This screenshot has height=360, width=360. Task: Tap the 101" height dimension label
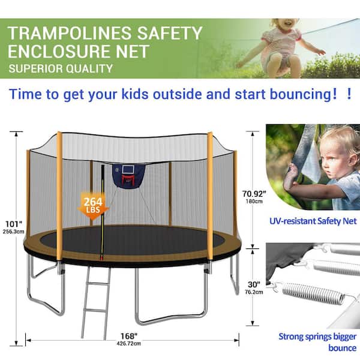[14, 224]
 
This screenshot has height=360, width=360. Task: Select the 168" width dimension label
[129, 336]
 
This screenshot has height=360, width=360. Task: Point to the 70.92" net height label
[254, 194]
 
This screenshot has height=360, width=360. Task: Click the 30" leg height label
[254, 284]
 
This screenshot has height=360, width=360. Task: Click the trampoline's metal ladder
[96, 302]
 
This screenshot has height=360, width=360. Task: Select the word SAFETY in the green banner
[170, 33]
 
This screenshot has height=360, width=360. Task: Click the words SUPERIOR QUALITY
[61, 68]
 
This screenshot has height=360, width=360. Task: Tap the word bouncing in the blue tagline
[303, 94]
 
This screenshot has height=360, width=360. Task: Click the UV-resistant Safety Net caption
[313, 221]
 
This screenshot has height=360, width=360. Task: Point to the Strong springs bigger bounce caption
[318, 342]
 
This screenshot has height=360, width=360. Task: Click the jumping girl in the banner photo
[281, 47]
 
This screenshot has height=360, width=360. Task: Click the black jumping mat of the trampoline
[132, 239]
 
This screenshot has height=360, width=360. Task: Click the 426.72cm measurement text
[128, 344]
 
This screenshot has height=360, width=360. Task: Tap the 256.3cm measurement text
[13, 232]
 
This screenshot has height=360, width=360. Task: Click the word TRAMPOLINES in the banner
[70, 33]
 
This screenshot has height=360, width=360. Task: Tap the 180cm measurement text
[254, 202]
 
